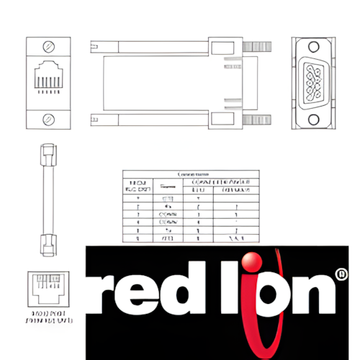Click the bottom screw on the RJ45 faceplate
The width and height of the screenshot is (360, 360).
click(48, 118)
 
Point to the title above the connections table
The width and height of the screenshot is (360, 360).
click(188, 174)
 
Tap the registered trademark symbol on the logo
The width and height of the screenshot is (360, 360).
click(341, 274)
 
